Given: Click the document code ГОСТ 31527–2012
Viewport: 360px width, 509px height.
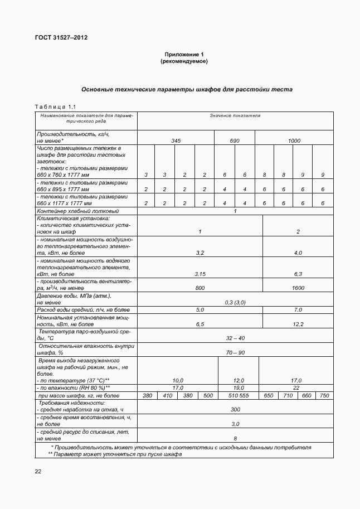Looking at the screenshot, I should coord(61,38).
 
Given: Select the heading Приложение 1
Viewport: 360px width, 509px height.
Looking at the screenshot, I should coord(184,54).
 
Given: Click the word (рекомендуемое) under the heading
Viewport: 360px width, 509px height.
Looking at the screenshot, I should coord(184,61).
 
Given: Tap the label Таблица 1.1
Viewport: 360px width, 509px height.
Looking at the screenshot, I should coord(55,106).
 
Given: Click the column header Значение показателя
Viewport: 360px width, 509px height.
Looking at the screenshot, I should coord(235,116).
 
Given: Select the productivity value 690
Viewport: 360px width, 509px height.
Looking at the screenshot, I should coord(235,141).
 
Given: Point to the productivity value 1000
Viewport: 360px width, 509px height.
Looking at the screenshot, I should coord(294,141).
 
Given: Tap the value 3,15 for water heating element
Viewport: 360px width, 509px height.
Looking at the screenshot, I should coord(200,274).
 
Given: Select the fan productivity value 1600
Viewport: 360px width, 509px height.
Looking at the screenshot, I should coord(298,288).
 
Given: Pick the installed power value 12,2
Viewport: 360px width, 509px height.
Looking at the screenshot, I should coord(298,323).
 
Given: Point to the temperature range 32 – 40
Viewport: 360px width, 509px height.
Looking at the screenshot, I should coord(235,338).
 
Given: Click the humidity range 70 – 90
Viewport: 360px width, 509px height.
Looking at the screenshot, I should coord(235,353).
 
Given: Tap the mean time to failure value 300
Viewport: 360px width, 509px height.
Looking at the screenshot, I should coord(235,410).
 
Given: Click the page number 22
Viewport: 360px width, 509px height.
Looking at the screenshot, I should coord(38,472).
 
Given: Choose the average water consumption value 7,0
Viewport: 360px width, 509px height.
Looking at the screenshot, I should coord(298,309).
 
